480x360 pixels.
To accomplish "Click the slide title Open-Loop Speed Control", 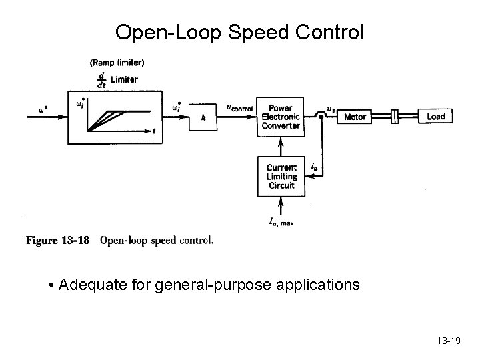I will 239,32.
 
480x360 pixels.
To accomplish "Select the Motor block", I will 355,117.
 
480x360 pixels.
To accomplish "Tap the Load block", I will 436,117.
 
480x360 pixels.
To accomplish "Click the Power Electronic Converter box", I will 281,117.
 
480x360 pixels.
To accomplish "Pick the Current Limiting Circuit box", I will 281,177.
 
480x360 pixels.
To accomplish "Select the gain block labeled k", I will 203,117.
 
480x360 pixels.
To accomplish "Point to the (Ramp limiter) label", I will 117,63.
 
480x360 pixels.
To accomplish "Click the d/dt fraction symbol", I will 101,80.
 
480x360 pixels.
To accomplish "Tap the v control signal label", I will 239,107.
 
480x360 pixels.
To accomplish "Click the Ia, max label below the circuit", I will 281,222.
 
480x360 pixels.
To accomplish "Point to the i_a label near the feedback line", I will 315,166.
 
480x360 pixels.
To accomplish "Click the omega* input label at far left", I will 43,109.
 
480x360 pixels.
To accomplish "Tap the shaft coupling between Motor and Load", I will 395,117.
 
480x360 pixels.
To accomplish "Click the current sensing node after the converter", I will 321,117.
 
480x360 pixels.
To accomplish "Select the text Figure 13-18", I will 57,241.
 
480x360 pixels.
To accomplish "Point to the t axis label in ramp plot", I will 154,131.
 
